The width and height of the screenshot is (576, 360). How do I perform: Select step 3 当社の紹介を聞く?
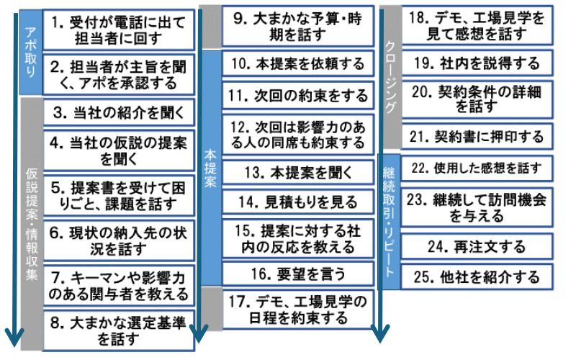[118, 112]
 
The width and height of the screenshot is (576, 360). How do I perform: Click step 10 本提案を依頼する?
[298, 64]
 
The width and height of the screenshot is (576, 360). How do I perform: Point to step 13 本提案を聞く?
[298, 173]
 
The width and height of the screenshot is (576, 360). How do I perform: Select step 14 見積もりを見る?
[298, 203]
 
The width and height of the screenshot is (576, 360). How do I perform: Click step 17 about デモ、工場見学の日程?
[298, 307]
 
